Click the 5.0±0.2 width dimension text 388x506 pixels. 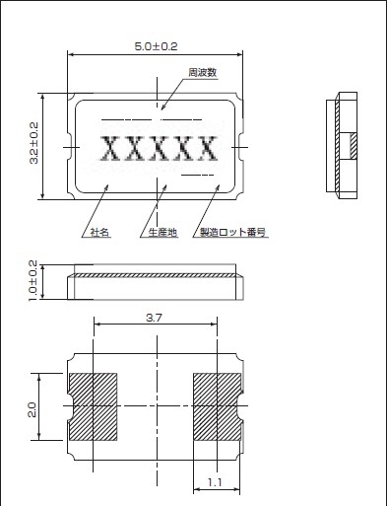pos(156,46)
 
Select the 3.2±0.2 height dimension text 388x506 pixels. pos(33,143)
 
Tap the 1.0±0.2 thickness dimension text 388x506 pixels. pos(33,280)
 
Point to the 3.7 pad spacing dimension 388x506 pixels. pos(154,318)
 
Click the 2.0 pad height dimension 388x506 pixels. pos(32,410)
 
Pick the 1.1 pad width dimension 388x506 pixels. pos(215,482)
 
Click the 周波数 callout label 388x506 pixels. pos(203,72)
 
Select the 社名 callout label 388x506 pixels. pos(99,233)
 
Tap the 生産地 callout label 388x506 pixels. pos(162,233)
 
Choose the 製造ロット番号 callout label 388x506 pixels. pos(232,233)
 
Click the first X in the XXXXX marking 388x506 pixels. pos(109,148)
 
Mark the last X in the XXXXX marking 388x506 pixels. pos(208,148)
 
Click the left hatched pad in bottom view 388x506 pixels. pos(94,406)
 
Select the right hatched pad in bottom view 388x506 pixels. pos(217,406)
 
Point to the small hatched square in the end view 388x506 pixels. pos(354,146)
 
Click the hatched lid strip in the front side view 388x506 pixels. pos(155,275)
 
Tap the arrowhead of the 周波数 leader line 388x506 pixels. pos(162,108)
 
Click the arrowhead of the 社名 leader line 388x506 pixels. pos(106,186)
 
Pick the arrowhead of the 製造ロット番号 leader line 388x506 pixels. pos(218,186)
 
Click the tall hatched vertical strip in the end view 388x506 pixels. pos(337,146)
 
